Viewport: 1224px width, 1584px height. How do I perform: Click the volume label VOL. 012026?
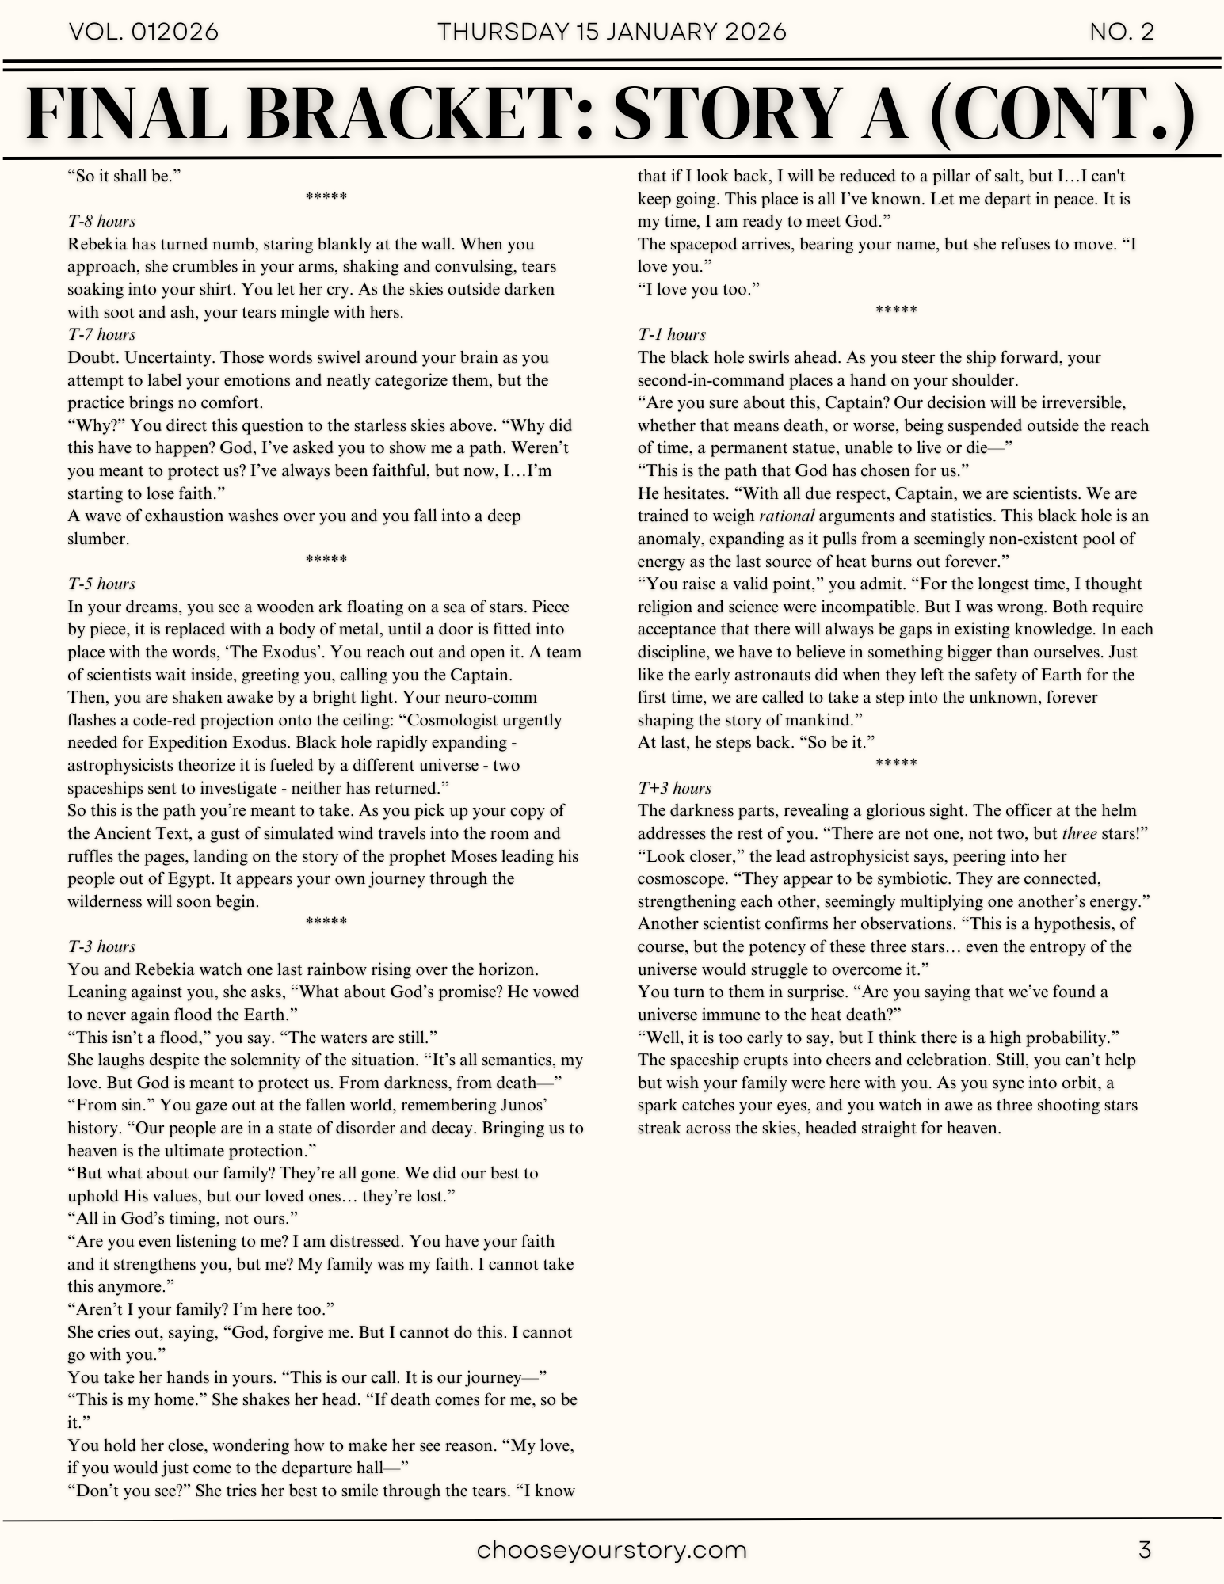click(144, 32)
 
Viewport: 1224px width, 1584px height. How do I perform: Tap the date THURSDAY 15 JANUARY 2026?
click(612, 32)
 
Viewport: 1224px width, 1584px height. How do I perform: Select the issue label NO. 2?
click(1121, 32)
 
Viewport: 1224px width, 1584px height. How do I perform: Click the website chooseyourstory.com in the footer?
click(612, 1549)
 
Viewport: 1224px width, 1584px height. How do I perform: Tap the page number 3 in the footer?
click(1144, 1549)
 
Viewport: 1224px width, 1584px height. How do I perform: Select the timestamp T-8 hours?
click(101, 221)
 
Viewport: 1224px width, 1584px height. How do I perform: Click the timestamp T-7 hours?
click(101, 334)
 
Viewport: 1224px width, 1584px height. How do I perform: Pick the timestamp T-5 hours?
click(101, 584)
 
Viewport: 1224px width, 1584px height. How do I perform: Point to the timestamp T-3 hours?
click(101, 946)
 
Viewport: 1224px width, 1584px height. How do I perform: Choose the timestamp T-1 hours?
click(672, 334)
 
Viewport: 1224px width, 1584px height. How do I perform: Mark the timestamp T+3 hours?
click(674, 788)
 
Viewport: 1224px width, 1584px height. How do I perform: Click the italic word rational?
click(786, 516)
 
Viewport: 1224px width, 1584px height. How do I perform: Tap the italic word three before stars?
click(1079, 833)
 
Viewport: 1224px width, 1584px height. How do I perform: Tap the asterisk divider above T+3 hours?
click(896, 764)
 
